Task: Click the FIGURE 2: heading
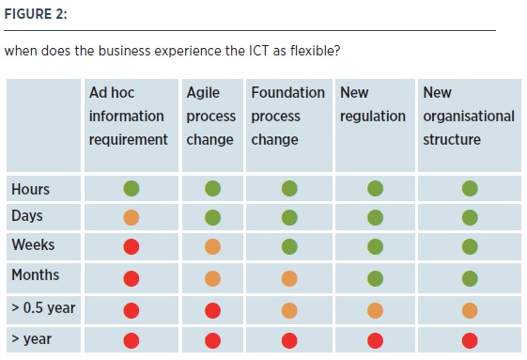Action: pos(36,14)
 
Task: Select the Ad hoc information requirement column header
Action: pos(128,116)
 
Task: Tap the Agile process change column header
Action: pos(210,116)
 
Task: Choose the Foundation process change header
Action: pos(288,116)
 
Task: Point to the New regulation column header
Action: pos(373,104)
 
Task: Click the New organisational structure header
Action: pos(469,116)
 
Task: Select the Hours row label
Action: pos(31,189)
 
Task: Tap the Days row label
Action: pos(27,216)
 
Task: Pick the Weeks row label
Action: pos(33,244)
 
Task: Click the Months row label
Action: pos(36,274)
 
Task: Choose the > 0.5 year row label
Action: pos(43,308)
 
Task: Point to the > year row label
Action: pos(32,338)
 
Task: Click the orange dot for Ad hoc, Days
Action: pos(132,218)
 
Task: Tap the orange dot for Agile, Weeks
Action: pos(212,247)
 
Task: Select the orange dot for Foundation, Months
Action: pos(289,279)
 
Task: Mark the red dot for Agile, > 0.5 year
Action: pos(212,310)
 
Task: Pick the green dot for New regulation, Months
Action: pos(376,279)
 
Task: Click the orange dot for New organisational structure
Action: pos(470,310)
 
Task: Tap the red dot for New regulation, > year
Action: pos(376,341)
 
